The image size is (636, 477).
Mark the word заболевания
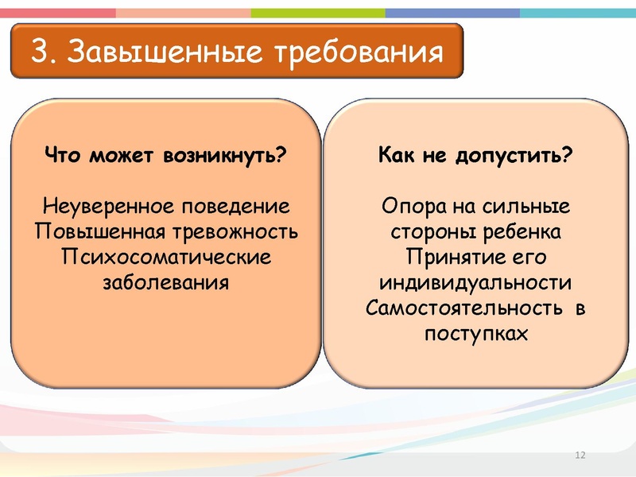166,282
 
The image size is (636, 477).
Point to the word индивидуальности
475,282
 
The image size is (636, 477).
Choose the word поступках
475,333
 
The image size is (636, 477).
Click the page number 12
579,455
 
